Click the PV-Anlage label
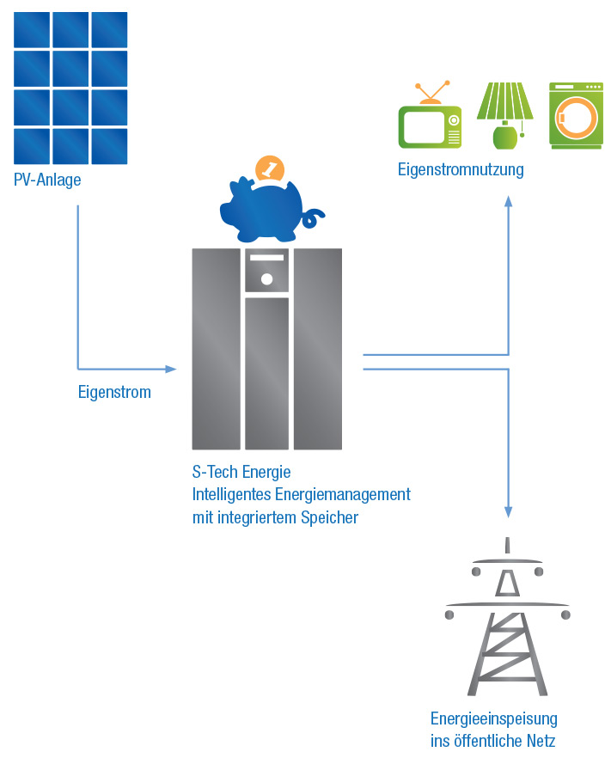click(47, 180)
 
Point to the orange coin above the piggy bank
click(271, 168)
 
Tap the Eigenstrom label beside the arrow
click(114, 393)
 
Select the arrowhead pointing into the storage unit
click(171, 369)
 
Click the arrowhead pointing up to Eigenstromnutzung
click(508, 200)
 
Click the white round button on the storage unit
click(266, 279)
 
